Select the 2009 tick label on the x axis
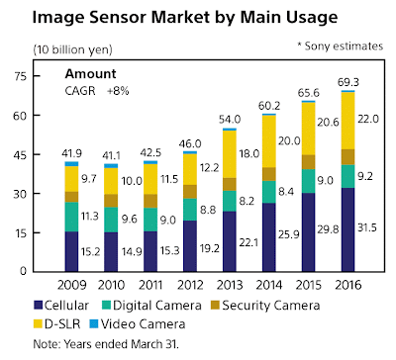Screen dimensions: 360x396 [70, 284]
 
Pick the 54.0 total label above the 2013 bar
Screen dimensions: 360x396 [230, 118]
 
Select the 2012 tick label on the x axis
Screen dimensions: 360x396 [189, 284]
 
